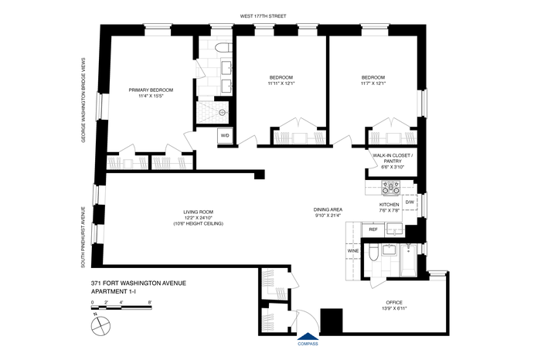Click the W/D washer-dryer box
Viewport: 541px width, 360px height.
(x=225, y=135)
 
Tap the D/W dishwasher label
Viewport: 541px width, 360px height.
(x=410, y=202)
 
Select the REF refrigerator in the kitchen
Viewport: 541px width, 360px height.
(x=373, y=229)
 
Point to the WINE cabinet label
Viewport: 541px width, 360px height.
(x=353, y=251)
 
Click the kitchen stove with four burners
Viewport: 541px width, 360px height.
(x=390, y=188)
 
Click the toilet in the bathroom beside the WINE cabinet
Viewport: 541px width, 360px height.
(x=373, y=253)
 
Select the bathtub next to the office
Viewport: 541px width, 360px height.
(x=409, y=260)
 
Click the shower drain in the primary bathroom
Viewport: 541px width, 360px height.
(x=222, y=113)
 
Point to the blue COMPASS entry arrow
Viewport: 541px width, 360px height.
(x=308, y=337)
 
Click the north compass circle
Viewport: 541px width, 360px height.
(x=100, y=326)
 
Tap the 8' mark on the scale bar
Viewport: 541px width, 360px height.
(x=150, y=302)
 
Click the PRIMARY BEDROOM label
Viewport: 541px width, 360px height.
(x=151, y=90)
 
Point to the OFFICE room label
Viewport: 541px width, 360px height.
(x=394, y=302)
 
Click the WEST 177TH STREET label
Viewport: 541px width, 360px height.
(x=264, y=16)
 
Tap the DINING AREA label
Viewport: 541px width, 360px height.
(x=328, y=209)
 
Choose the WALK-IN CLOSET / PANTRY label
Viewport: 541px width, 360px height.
(x=393, y=158)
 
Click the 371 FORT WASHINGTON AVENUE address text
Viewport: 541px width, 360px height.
(x=138, y=284)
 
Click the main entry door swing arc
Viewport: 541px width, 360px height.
(x=312, y=317)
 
